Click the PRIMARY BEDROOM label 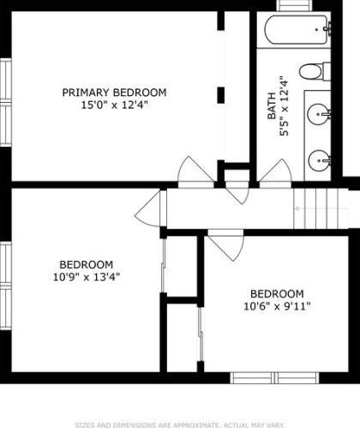(x=114, y=93)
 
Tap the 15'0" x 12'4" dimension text (x=114, y=105)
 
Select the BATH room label (x=272, y=105)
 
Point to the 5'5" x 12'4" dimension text (x=285, y=105)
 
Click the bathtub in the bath (x=296, y=30)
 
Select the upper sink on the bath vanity (x=318, y=114)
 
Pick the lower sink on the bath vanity (x=319, y=160)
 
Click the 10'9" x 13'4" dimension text (x=87, y=277)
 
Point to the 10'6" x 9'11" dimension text (x=277, y=306)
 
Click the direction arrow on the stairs (x=321, y=208)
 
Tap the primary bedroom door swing (x=195, y=172)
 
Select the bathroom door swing (x=275, y=173)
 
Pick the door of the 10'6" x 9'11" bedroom (x=226, y=245)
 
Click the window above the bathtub (x=295, y=5)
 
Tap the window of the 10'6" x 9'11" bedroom (x=274, y=377)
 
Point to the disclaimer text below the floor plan (x=180, y=425)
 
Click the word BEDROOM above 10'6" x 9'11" (x=277, y=294)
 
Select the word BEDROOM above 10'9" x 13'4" (x=87, y=264)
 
